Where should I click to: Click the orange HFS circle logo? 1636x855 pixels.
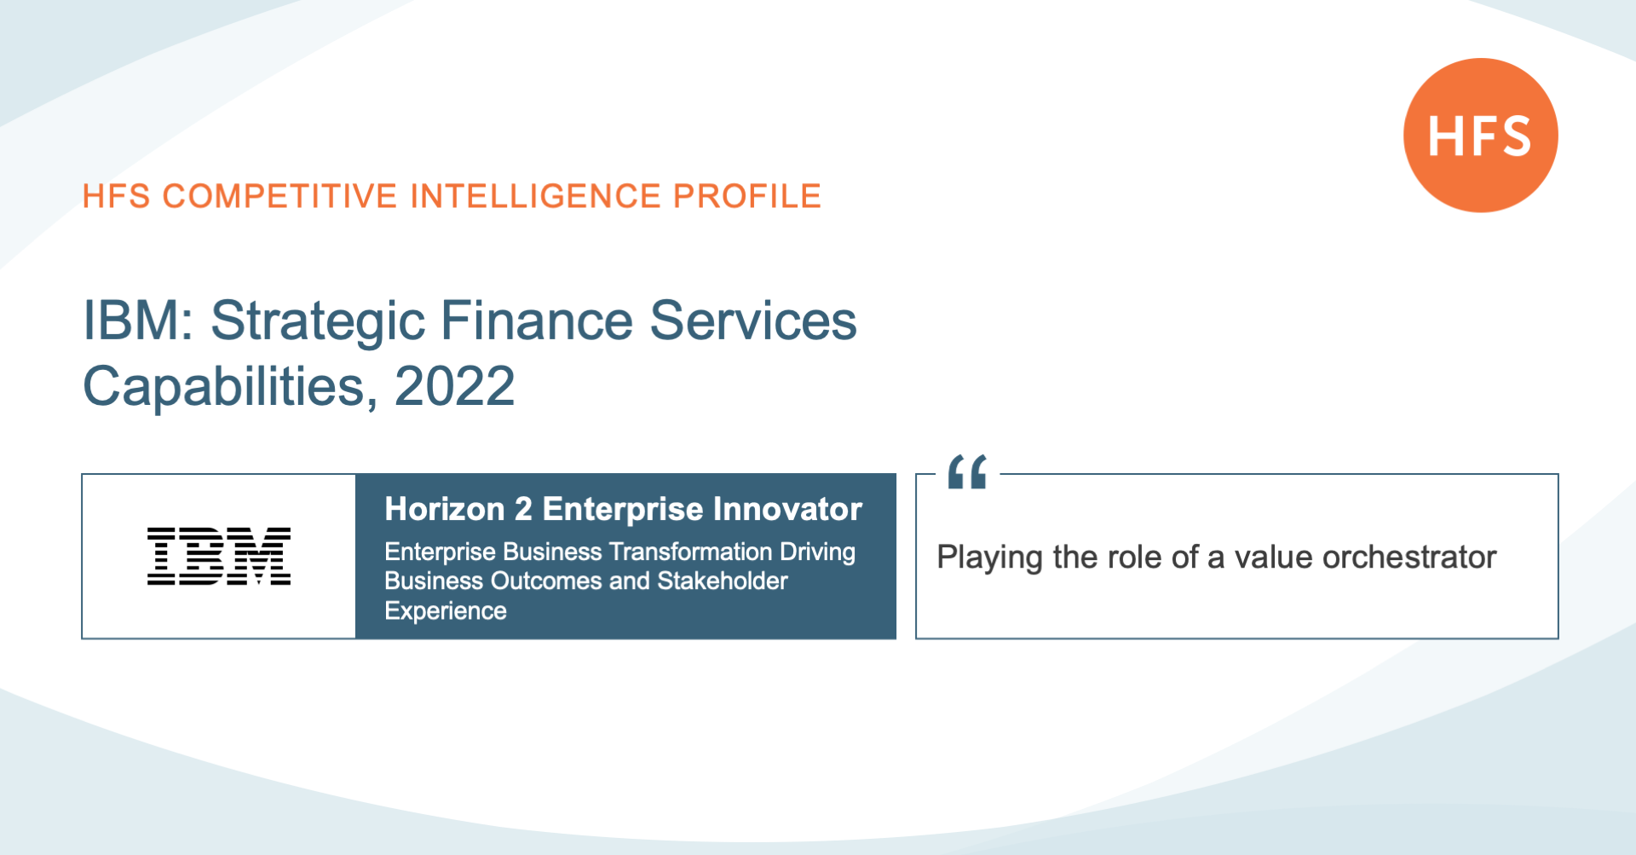(1481, 136)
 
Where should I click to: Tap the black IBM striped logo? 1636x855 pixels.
(219, 556)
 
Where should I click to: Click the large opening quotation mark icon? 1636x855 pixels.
(967, 471)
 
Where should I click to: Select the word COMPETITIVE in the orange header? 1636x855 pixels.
(280, 196)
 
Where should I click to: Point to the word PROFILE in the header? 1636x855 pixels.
(747, 196)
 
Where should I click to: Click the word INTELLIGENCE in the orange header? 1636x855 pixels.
(536, 196)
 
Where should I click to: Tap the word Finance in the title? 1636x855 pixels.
(537, 321)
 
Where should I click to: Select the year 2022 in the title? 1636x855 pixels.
(455, 386)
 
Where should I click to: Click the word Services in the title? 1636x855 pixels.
(753, 321)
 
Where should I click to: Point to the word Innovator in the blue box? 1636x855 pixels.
(788, 509)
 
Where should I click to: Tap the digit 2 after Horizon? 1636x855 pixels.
(523, 509)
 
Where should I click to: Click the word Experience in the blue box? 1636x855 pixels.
(446, 611)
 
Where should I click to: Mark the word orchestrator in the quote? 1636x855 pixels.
(1409, 557)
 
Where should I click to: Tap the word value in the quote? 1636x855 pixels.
(1274, 557)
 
